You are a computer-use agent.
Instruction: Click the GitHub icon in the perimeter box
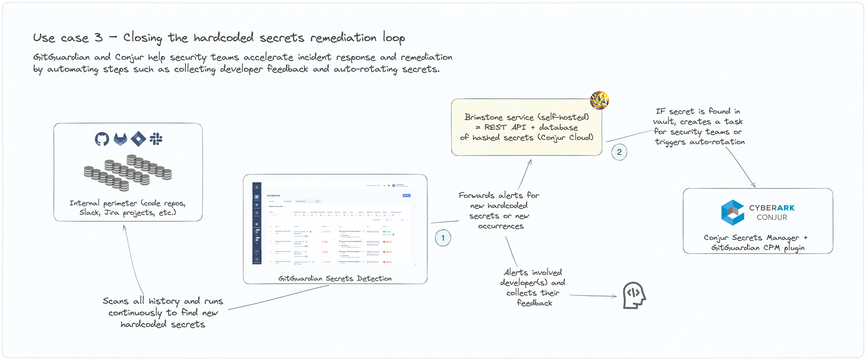(x=102, y=139)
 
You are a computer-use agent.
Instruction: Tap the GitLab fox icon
(x=120, y=139)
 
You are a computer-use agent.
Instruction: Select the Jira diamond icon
(x=138, y=139)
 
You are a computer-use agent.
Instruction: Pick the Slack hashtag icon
(x=156, y=139)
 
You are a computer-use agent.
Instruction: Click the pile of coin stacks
(x=128, y=173)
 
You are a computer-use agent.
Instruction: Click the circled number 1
(x=443, y=238)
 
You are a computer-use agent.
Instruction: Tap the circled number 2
(x=619, y=152)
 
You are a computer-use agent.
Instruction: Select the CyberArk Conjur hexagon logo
(x=732, y=212)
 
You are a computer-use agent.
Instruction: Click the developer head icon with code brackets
(x=634, y=295)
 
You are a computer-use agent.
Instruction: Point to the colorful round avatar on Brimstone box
(x=599, y=101)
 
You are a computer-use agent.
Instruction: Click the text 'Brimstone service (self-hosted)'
(x=527, y=117)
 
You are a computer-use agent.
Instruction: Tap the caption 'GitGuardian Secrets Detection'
(x=335, y=279)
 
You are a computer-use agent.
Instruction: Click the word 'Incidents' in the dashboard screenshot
(x=273, y=195)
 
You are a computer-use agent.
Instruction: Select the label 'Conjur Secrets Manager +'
(x=755, y=237)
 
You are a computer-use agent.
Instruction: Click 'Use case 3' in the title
(x=68, y=38)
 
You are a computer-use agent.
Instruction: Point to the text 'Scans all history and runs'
(x=163, y=301)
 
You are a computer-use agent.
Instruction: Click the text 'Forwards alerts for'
(x=499, y=195)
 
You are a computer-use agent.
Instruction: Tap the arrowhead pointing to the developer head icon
(x=614, y=296)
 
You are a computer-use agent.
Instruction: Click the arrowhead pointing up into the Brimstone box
(x=530, y=162)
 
